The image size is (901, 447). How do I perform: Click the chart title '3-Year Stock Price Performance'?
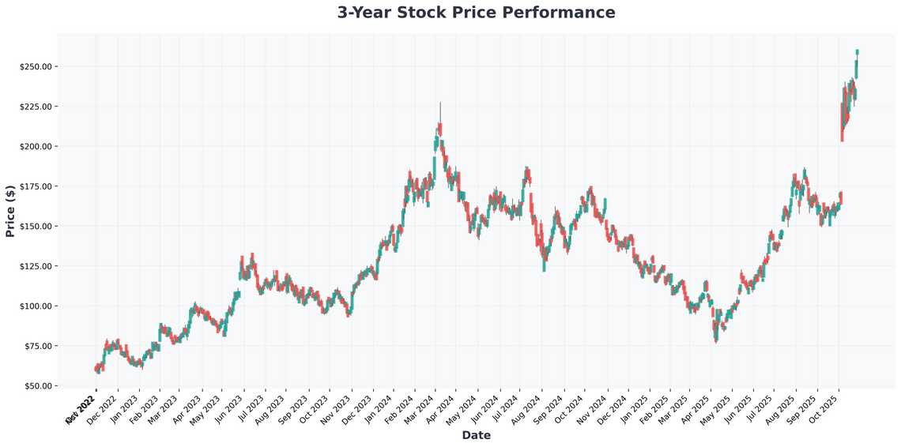[476, 13]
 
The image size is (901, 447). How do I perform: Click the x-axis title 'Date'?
[476, 435]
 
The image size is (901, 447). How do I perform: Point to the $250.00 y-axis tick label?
[36, 66]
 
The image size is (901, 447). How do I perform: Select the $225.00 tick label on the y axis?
[36, 107]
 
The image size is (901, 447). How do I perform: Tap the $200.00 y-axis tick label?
[36, 147]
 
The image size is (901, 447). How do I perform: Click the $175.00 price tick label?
[36, 186]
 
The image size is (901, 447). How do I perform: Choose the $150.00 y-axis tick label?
[36, 227]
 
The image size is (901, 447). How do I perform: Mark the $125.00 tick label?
[36, 266]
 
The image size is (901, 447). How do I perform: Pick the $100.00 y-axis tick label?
[36, 306]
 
